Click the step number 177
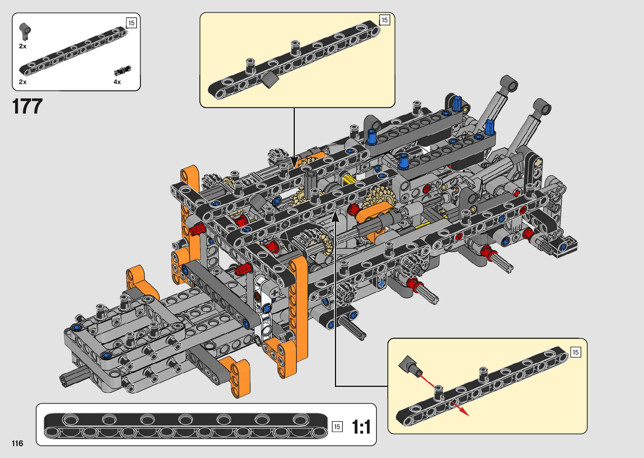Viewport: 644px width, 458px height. (27, 106)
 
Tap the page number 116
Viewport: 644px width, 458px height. (18, 443)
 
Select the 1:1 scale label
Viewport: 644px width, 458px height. (361, 427)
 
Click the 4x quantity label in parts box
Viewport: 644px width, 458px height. (117, 82)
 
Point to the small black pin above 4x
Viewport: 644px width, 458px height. (122, 70)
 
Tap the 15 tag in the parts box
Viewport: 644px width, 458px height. (131, 23)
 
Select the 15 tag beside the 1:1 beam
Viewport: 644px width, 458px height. (337, 427)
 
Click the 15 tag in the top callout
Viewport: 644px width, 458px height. (384, 20)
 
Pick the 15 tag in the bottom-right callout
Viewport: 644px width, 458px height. (575, 352)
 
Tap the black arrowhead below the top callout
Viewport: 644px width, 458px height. (294, 161)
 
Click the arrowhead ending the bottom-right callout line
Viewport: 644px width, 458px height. (335, 217)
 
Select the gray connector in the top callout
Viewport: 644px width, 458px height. (270, 79)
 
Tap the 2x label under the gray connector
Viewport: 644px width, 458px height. (23, 46)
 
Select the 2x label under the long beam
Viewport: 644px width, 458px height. (23, 82)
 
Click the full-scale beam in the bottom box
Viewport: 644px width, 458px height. (186, 426)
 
